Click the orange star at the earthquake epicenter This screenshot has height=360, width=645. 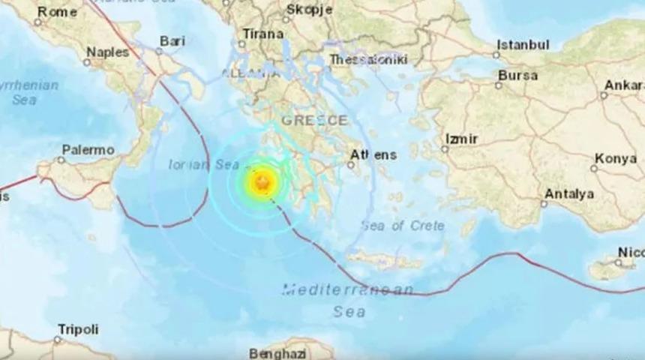point(262,182)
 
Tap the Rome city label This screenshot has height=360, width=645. point(57,10)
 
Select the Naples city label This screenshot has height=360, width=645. point(108,52)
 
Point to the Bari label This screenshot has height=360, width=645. point(172,42)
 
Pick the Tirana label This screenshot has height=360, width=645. point(262,34)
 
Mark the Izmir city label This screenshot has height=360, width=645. point(460,139)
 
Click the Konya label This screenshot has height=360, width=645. point(616,158)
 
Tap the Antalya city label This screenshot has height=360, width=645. point(569,194)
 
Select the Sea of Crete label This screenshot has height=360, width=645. point(402,225)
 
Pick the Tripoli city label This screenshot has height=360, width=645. point(78,330)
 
